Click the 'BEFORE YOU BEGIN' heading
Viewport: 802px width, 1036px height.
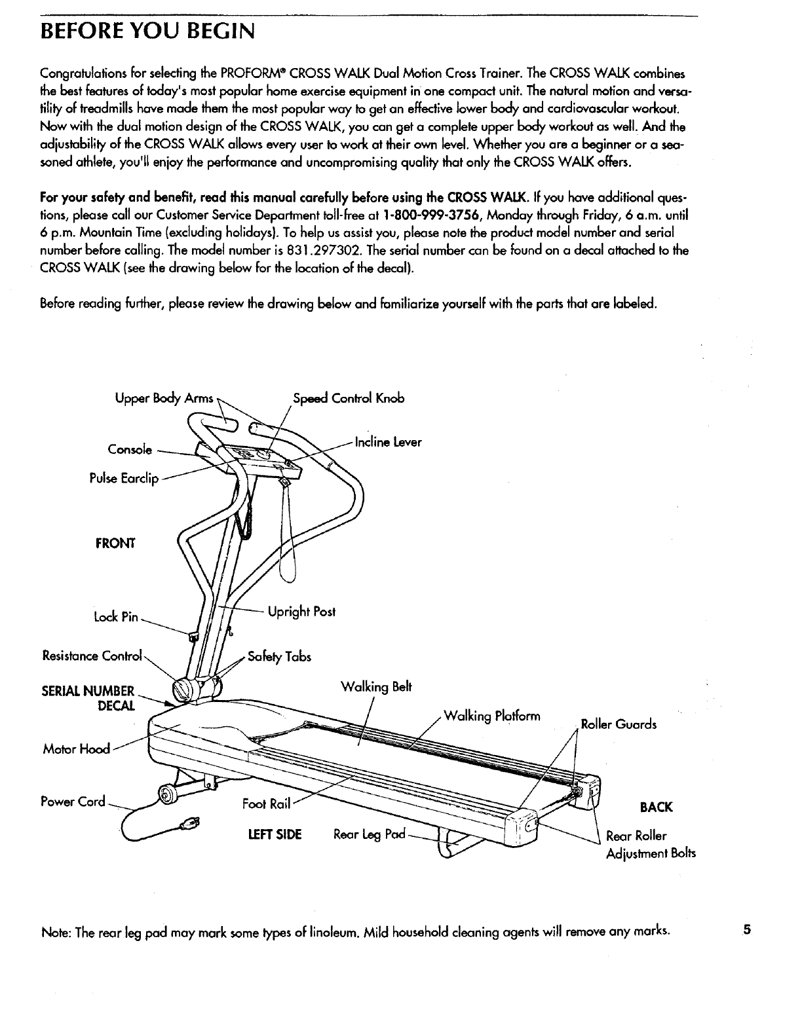(145, 30)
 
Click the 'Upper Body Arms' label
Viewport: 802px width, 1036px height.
(164, 398)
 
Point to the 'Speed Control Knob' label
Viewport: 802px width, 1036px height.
(349, 398)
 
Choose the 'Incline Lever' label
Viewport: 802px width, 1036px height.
(388, 442)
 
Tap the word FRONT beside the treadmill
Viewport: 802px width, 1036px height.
(115, 543)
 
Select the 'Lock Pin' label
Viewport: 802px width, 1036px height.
(115, 617)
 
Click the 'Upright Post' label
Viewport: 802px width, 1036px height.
(301, 612)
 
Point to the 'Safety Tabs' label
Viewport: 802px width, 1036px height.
(279, 656)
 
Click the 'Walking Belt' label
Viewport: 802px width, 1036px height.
(376, 687)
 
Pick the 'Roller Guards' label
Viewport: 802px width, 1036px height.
(619, 724)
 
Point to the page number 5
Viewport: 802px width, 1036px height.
(746, 929)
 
